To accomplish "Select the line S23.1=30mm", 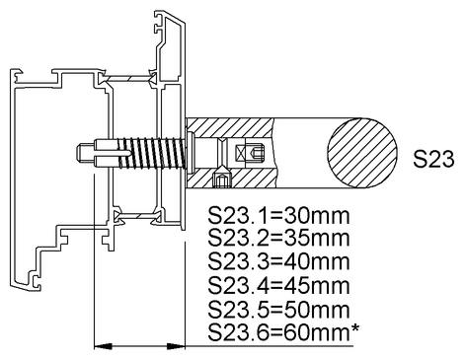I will pyautogui.click(x=277, y=216).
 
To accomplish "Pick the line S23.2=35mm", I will pyautogui.click(x=277, y=240).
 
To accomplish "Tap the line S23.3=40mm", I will pyautogui.click(x=277, y=263).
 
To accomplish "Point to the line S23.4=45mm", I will pyautogui.click(x=277, y=287).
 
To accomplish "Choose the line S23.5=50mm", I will pyautogui.click(x=277, y=311).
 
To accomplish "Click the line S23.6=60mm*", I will pyautogui.click(x=282, y=334).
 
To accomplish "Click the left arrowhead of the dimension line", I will pyautogui.click(x=99, y=345).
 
